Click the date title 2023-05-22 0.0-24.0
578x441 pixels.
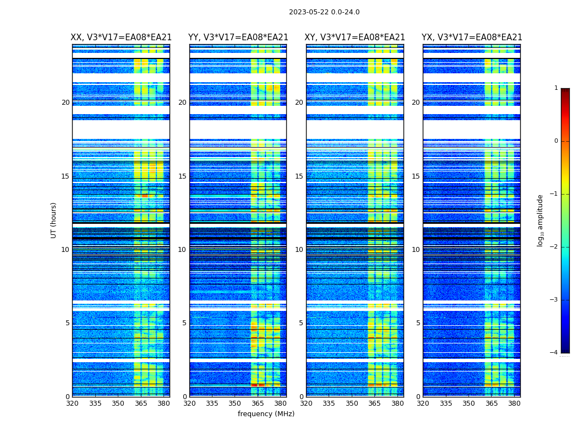[x=324, y=12]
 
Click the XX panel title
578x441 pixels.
[x=121, y=37]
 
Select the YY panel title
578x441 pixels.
[x=238, y=37]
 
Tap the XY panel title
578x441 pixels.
[x=355, y=37]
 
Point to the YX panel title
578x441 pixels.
[x=472, y=37]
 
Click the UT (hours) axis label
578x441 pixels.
[x=54, y=220]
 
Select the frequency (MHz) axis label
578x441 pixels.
[x=266, y=414]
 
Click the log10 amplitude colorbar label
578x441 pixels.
[x=541, y=220]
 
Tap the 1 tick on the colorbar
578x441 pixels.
[x=555, y=88]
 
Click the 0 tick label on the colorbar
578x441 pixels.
[x=555, y=141]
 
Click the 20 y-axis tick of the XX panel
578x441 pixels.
[x=66, y=103]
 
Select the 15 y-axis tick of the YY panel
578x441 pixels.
[x=182, y=176]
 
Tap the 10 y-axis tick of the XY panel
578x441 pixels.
[x=299, y=250]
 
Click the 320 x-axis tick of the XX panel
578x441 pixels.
[x=72, y=403]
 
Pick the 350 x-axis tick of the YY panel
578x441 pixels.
[x=235, y=403]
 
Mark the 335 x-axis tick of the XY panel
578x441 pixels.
[x=329, y=403]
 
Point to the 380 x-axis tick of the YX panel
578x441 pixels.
[x=514, y=403]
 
